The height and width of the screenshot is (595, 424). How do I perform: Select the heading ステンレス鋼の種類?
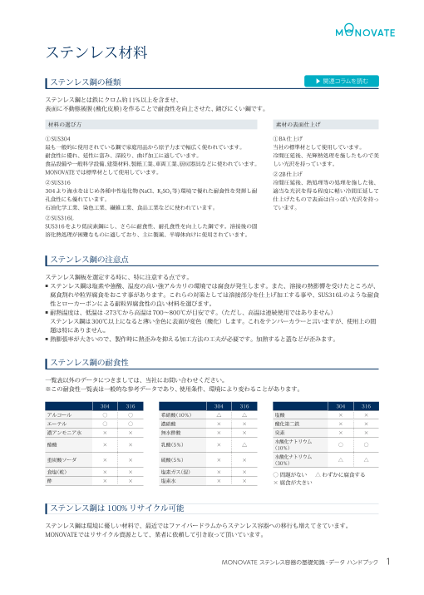click(x=86, y=82)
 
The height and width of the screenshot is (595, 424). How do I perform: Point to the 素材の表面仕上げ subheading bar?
click(x=303, y=123)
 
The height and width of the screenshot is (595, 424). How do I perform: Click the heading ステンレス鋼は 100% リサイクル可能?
click(x=117, y=508)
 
